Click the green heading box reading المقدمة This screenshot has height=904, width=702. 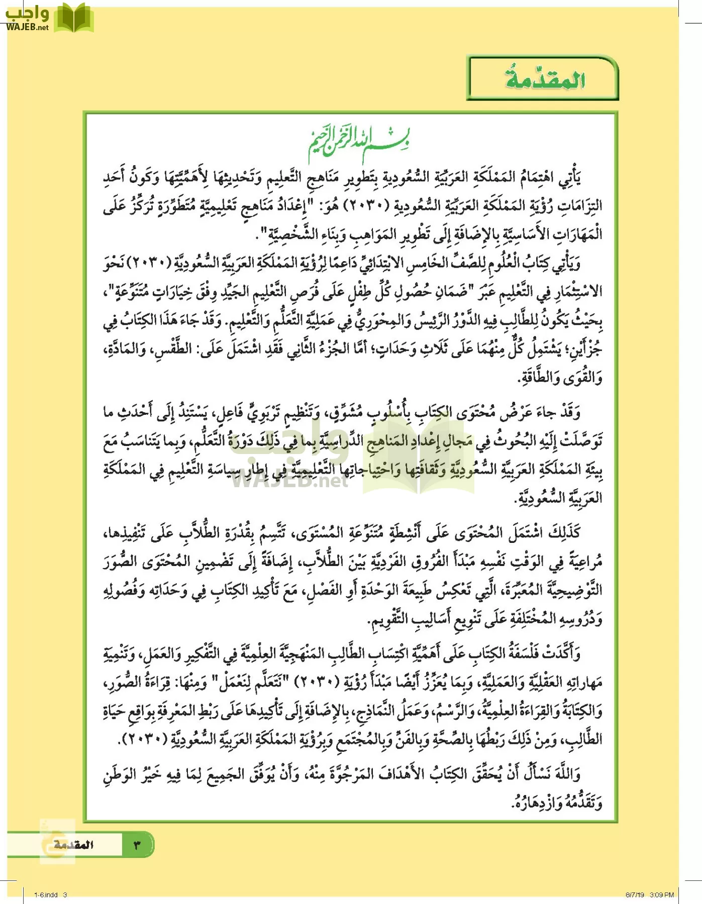click(x=543, y=79)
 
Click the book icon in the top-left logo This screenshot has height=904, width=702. click(x=74, y=17)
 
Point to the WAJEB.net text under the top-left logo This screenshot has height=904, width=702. click(x=28, y=28)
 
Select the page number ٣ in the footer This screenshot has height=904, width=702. click(x=137, y=845)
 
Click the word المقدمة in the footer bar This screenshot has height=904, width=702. click(x=74, y=845)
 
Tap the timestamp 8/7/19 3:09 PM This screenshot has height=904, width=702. click(x=649, y=894)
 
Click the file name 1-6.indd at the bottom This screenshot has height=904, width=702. click(x=46, y=894)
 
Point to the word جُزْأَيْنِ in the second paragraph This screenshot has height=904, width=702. click(x=584, y=350)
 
